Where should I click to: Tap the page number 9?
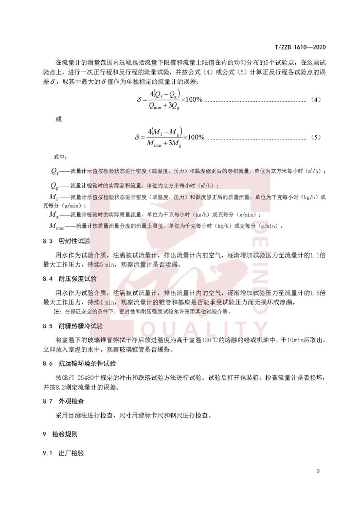(318, 471)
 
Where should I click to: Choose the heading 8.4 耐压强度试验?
(69, 278)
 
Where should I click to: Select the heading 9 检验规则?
(60, 434)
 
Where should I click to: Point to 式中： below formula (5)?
(60, 156)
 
